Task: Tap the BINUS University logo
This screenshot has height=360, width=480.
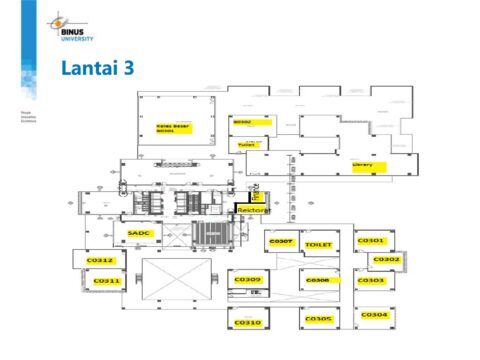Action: [x=71, y=27]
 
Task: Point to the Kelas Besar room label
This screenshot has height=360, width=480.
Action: [x=174, y=127]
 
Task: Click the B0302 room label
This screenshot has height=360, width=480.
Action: [x=242, y=122]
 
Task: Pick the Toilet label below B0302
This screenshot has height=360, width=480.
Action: [x=247, y=145]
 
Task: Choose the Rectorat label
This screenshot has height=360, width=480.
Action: [x=254, y=211]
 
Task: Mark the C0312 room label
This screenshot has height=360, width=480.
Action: [x=101, y=261]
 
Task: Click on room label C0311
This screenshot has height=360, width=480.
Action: [x=107, y=282]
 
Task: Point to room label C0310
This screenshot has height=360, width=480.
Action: [x=247, y=323]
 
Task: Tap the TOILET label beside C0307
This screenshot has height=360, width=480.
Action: [x=318, y=244]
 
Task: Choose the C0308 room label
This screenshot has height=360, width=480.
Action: [x=318, y=280]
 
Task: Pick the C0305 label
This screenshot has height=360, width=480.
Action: [x=318, y=319]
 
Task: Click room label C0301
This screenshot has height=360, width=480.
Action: [x=371, y=241]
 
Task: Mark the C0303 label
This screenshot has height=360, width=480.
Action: [x=371, y=281]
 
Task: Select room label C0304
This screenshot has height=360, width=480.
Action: [x=374, y=315]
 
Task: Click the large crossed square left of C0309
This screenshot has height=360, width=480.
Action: [x=178, y=282]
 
